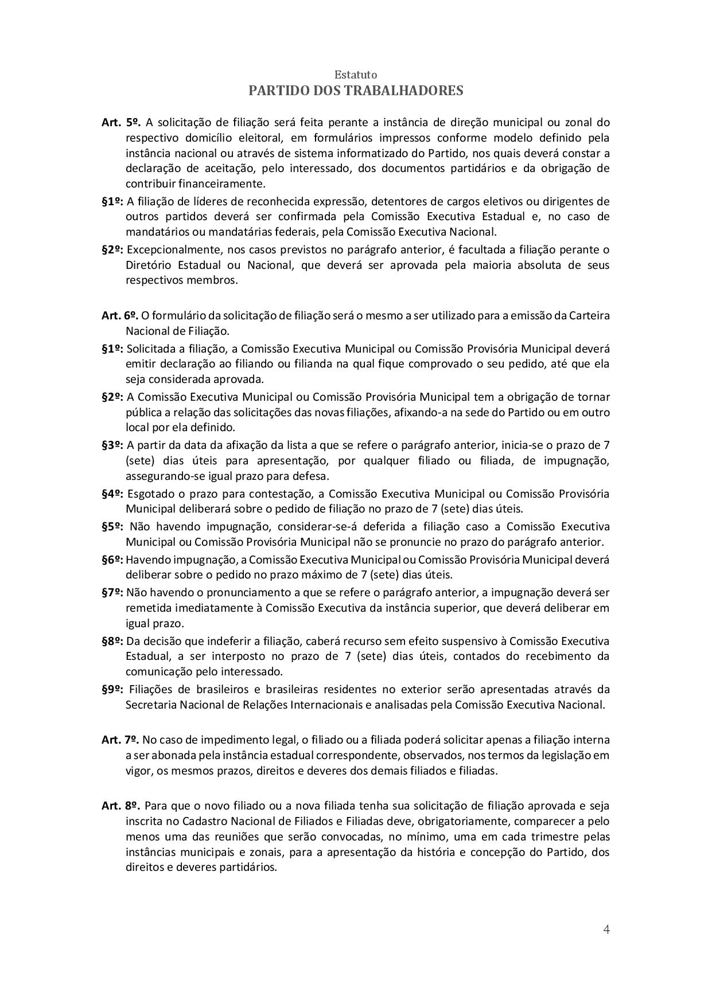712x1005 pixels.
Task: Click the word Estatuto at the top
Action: [356, 75]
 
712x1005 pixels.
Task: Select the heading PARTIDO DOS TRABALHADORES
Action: [356, 91]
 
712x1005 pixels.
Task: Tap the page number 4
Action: [606, 929]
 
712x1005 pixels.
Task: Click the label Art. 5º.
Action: [121, 122]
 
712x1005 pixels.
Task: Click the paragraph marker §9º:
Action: [112, 689]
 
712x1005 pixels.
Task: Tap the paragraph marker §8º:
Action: [112, 641]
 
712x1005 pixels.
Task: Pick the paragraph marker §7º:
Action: [112, 592]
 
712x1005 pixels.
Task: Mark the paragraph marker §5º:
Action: [112, 526]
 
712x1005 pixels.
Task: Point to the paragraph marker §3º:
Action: [112, 445]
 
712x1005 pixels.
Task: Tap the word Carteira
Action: [590, 315]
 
